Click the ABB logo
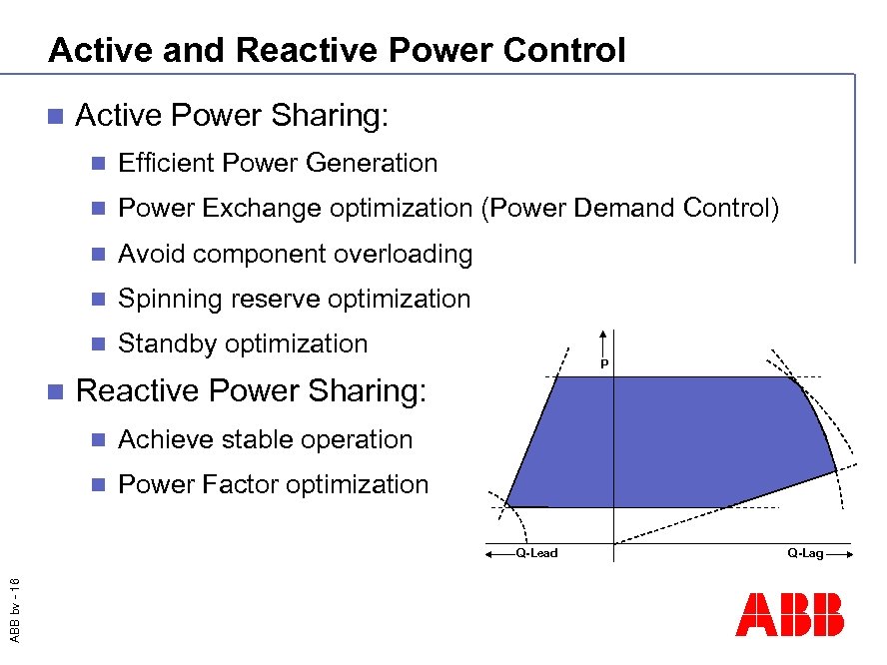pos(789,615)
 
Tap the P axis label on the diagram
pos(604,364)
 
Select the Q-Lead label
pos(536,552)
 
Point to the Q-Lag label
pos(805,552)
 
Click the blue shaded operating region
pos(659,439)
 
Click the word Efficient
pos(166,163)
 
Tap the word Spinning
pos(171,299)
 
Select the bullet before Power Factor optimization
pos(97,485)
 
